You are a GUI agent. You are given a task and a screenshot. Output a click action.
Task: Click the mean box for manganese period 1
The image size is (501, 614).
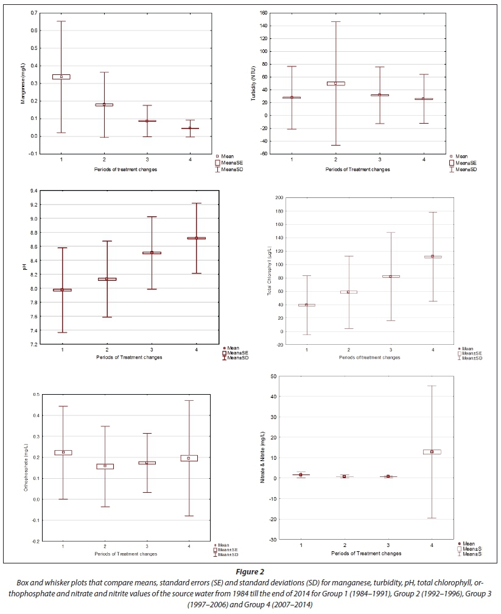click(x=61, y=77)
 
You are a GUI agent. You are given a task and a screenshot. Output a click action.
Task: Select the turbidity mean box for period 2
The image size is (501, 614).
click(x=335, y=83)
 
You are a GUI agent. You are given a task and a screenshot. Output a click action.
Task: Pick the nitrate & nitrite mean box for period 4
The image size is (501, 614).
click(x=432, y=452)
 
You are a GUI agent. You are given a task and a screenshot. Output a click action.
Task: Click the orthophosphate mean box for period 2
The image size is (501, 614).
click(x=105, y=466)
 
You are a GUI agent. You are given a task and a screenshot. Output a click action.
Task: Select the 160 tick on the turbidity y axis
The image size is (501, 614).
click(x=263, y=13)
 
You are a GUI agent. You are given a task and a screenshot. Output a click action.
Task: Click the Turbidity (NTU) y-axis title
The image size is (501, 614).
click(x=252, y=83)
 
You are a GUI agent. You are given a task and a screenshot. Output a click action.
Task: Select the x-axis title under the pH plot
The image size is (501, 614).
click(x=128, y=357)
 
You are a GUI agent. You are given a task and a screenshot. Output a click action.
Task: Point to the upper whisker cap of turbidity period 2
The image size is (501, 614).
click(x=335, y=21)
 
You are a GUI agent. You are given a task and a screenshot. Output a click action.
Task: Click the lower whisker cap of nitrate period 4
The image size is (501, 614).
click(x=432, y=518)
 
